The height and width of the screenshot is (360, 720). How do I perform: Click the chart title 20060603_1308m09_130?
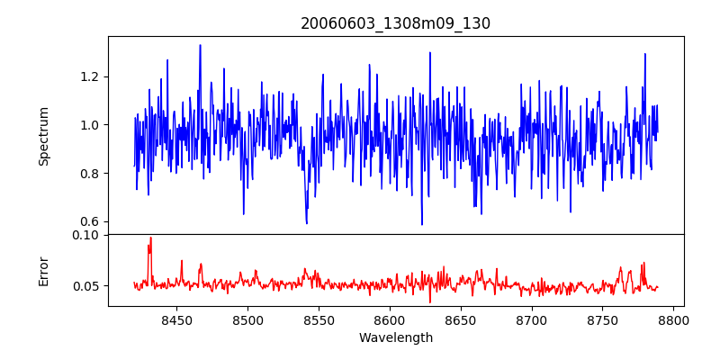[395, 23]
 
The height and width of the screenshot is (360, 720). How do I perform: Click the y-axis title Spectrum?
[43, 136]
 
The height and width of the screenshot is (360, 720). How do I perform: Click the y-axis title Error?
[43, 270]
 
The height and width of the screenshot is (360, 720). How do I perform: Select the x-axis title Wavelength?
[395, 337]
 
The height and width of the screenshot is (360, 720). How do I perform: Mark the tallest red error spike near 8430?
[150, 238]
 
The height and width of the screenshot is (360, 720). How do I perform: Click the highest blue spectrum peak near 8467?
[200, 45]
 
